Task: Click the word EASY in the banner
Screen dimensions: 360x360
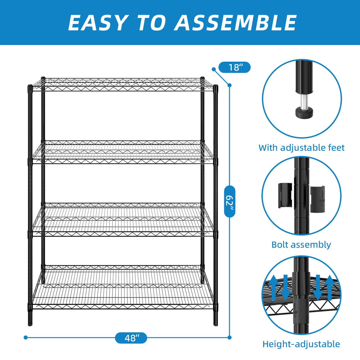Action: (97, 23)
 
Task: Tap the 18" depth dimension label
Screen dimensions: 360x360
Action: (234, 68)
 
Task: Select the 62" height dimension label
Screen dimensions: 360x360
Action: (230, 201)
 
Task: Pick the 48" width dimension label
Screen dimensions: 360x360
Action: (131, 338)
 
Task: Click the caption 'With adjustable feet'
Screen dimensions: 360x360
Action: (301, 148)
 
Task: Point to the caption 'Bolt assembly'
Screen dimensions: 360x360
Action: (301, 245)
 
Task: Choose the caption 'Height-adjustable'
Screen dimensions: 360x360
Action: (301, 344)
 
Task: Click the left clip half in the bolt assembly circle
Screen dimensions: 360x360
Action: (285, 195)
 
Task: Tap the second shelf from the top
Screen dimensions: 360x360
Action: (123, 152)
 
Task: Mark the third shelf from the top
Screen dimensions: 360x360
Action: (123, 219)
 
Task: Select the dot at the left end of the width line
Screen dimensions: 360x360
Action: (26, 337)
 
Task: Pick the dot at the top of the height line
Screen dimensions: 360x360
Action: (229, 85)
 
